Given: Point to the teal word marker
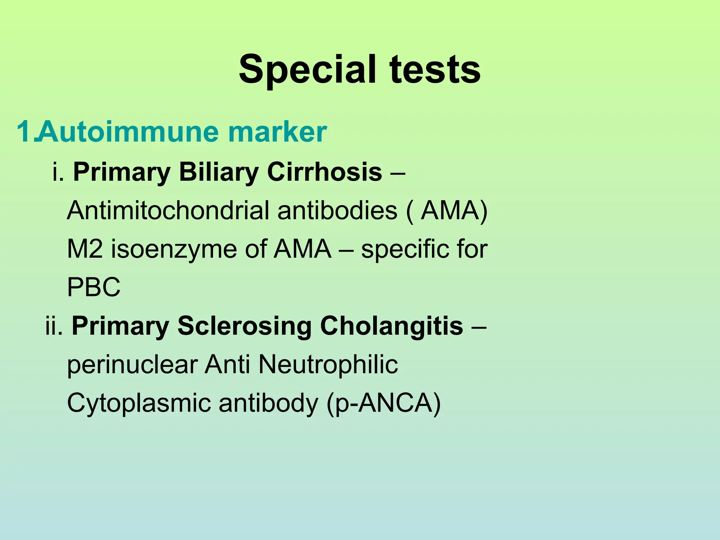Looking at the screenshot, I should coord(277,132).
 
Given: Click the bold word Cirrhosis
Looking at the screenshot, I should coord(324,172).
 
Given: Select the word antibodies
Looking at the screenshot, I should coord(337,211).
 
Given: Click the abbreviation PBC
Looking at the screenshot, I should coord(94,287).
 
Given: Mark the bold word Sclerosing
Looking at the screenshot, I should coord(244,326).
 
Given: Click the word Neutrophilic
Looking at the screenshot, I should coord(328,365).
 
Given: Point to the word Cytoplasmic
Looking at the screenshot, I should coord(139,403).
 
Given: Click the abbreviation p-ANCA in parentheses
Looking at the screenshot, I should coord(383,403).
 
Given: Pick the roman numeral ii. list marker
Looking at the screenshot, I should coord(54,326).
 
